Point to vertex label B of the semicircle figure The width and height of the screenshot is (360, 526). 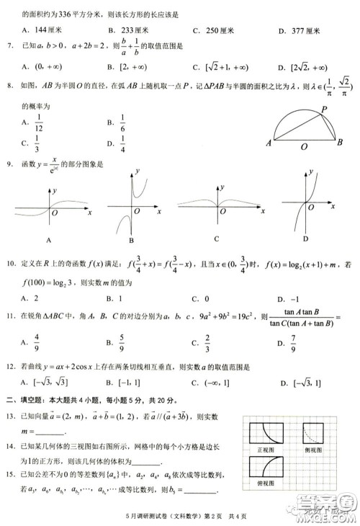(340, 142)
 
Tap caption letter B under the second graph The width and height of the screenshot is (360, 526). (132, 241)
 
